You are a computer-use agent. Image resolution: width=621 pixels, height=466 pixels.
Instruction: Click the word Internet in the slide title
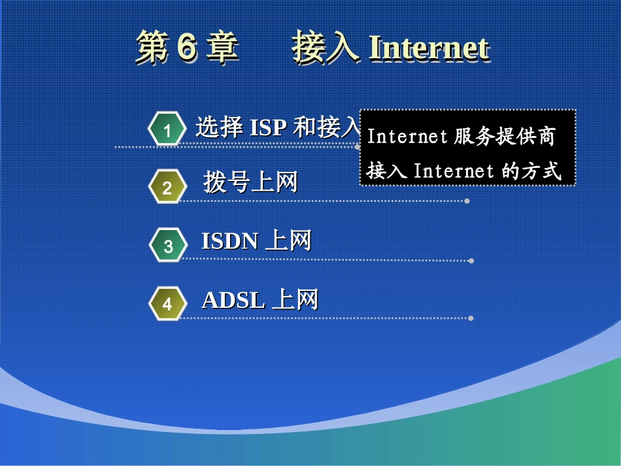429,48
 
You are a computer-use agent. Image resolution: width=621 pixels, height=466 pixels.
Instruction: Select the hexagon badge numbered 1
167,130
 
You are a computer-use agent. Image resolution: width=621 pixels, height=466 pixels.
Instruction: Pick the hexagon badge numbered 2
167,188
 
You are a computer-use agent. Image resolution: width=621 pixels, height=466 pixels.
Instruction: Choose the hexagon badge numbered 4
167,304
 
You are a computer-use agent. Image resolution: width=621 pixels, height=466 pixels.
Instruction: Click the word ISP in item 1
268,127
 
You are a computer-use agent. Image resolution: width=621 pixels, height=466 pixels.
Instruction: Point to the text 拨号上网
250,182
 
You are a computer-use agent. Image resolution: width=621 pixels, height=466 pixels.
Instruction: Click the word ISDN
229,242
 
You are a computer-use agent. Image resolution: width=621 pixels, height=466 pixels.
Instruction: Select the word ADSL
233,300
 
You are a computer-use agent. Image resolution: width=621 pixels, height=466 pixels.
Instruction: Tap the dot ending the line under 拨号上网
467,201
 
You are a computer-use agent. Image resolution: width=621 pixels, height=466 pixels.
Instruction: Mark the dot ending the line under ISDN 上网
471,260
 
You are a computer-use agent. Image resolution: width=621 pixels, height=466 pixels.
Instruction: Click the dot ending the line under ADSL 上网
471,318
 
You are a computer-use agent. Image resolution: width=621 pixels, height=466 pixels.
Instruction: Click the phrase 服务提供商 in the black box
503,137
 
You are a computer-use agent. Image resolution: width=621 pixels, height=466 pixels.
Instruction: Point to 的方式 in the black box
531,171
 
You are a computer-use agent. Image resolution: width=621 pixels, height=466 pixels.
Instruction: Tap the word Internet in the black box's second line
454,171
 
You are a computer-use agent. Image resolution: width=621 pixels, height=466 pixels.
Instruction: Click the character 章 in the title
222,49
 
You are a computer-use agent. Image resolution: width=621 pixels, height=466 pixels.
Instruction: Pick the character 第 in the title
151,49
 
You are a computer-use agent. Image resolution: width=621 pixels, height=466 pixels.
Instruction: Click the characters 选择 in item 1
220,127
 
